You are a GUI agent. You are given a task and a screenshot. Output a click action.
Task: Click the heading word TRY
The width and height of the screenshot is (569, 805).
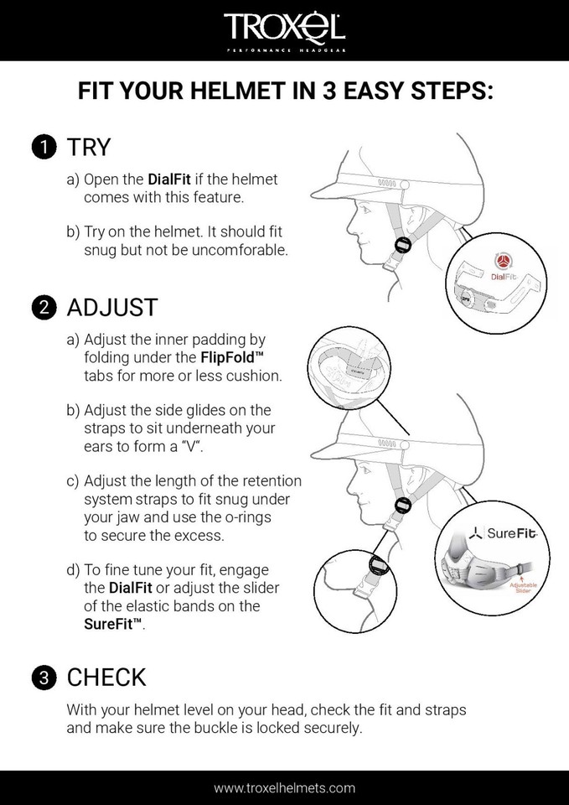coord(89,148)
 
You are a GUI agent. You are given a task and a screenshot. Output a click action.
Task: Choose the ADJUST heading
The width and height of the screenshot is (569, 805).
coord(112,307)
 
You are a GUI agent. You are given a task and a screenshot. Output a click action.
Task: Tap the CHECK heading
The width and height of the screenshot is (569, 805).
coord(106,678)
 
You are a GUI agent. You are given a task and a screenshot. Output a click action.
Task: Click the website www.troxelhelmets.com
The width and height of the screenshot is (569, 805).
coord(284,787)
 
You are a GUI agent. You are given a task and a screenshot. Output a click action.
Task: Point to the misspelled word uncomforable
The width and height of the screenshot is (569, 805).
coord(244,250)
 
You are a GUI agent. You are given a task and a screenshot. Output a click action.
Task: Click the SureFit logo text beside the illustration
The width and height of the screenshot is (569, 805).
coord(501,533)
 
